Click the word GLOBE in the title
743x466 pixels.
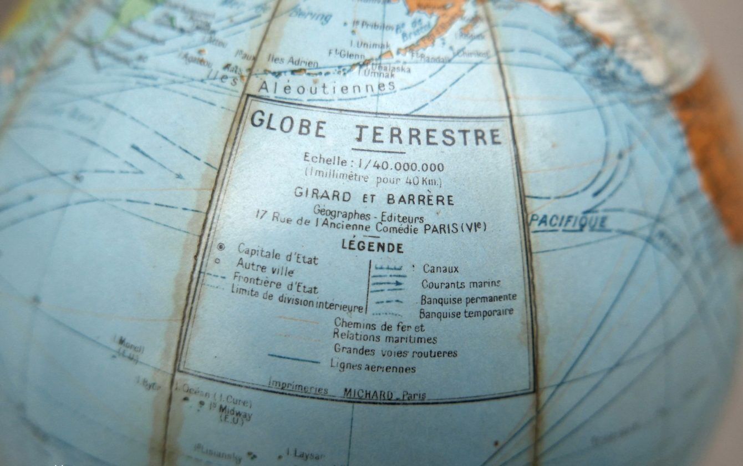(x=288, y=124)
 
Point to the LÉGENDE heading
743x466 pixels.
(x=372, y=246)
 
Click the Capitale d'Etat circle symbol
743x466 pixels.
(x=222, y=246)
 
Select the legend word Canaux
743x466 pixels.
(x=441, y=269)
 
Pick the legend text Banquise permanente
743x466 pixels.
(x=469, y=299)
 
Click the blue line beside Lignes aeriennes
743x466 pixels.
(x=294, y=358)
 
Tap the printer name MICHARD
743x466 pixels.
(x=368, y=393)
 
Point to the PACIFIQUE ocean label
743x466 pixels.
(x=569, y=222)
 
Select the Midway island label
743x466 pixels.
(x=235, y=411)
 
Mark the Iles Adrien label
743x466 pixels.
(x=293, y=60)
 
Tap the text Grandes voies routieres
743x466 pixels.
(x=395, y=351)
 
